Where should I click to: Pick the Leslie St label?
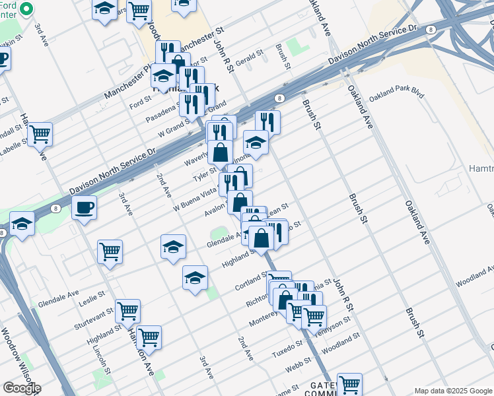click(92, 298)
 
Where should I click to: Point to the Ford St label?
click(141, 103)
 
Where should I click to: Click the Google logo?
click(22, 388)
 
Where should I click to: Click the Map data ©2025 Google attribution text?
click(452, 391)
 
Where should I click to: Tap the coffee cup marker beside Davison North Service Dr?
click(84, 208)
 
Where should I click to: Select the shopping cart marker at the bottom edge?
click(349, 384)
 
